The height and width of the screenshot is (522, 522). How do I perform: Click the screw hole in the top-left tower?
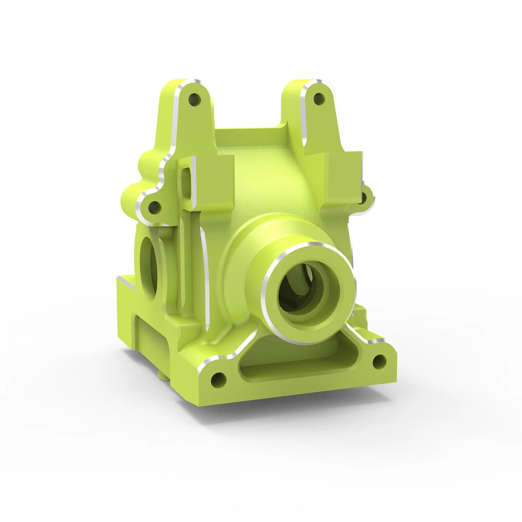click(195, 101)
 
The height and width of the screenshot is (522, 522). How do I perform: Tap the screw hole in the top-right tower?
click(319, 99)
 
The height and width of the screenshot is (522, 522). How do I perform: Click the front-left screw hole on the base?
click(218, 380)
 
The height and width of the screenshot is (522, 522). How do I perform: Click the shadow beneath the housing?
click(301, 413)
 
